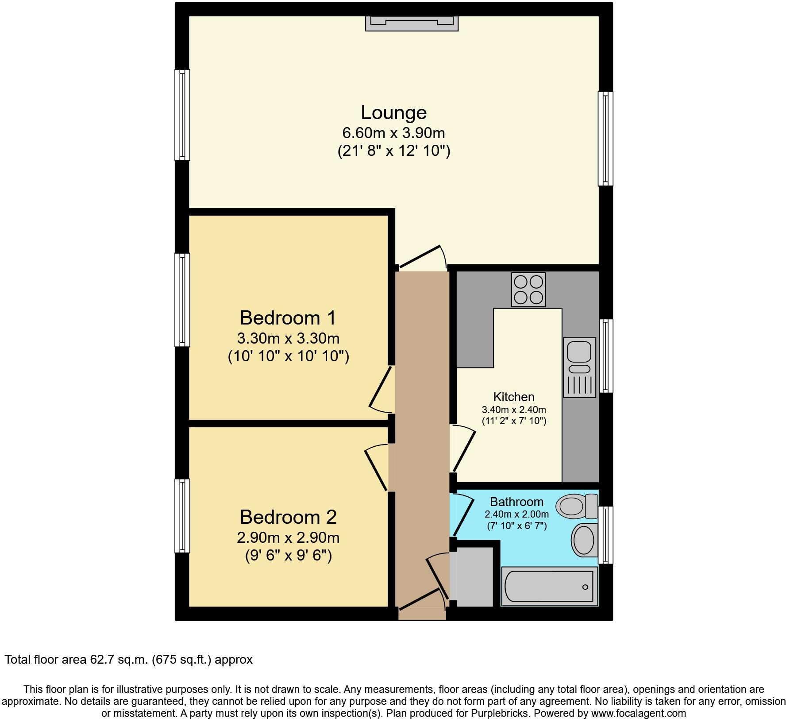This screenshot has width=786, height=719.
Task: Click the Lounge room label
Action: [x=393, y=112]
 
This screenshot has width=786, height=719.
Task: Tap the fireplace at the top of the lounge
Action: [x=411, y=23]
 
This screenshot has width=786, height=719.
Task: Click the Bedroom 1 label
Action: [x=288, y=318]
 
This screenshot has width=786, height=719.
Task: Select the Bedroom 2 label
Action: [x=288, y=517]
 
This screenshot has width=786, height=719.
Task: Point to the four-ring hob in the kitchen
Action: [x=528, y=290]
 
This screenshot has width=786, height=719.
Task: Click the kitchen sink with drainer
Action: [x=579, y=367]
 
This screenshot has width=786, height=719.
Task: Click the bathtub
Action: [x=549, y=587]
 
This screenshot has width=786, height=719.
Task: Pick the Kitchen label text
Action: [x=514, y=397]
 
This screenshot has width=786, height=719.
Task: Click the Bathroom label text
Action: [x=516, y=502]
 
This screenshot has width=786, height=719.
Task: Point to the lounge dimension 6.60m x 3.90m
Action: [x=393, y=133]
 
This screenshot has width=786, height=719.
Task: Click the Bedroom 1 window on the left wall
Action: [x=182, y=300]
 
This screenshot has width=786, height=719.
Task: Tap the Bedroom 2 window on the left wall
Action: [x=182, y=515]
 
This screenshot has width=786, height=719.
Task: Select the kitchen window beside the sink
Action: [x=606, y=356]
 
